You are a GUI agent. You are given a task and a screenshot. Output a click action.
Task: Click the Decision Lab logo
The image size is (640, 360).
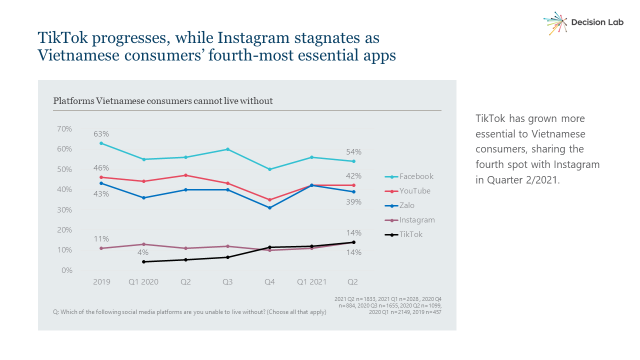(x=583, y=22)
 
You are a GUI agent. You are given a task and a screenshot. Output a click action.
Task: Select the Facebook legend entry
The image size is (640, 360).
(x=409, y=176)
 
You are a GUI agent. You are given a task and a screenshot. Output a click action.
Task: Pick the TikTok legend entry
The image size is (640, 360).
(x=403, y=234)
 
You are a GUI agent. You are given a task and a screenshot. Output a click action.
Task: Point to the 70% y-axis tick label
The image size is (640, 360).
(x=64, y=128)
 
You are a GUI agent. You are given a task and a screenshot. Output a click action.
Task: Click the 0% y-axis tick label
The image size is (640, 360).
(x=67, y=270)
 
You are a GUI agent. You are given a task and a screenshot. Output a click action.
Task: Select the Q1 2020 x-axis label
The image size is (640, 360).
(x=143, y=282)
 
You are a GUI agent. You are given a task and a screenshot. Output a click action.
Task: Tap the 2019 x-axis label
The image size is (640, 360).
(x=101, y=282)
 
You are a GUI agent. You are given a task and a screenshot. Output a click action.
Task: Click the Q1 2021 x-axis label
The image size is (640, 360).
(x=311, y=282)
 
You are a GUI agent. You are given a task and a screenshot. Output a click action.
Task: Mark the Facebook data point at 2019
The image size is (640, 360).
(x=101, y=143)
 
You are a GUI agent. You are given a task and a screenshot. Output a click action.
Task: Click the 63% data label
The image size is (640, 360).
(x=101, y=134)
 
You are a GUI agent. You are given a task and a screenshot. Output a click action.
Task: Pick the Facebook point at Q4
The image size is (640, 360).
(x=269, y=169)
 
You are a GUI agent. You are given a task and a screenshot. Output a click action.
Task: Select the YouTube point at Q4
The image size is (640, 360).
(x=269, y=199)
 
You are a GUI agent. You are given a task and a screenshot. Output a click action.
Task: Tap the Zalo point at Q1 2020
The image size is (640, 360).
(x=143, y=197)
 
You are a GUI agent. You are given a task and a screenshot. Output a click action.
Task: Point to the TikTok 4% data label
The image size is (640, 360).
(x=143, y=252)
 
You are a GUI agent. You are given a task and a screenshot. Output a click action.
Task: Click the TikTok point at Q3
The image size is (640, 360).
(x=227, y=257)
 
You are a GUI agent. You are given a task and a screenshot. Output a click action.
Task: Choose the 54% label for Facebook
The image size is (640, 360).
(x=354, y=152)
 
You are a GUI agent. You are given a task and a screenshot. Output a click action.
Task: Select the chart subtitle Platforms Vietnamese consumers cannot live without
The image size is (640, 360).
(x=163, y=101)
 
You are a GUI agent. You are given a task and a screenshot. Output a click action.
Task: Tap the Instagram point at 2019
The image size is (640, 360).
(x=101, y=248)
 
